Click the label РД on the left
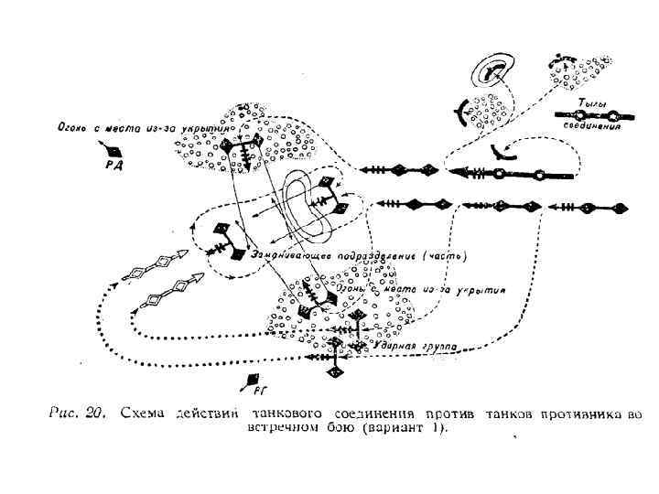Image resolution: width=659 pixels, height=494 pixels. [114, 166]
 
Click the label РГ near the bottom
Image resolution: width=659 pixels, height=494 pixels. [257, 390]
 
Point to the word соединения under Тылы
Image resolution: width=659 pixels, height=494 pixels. [592, 128]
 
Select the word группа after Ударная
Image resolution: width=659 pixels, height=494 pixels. [438, 349]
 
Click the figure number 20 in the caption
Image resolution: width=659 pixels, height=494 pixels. [94, 413]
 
